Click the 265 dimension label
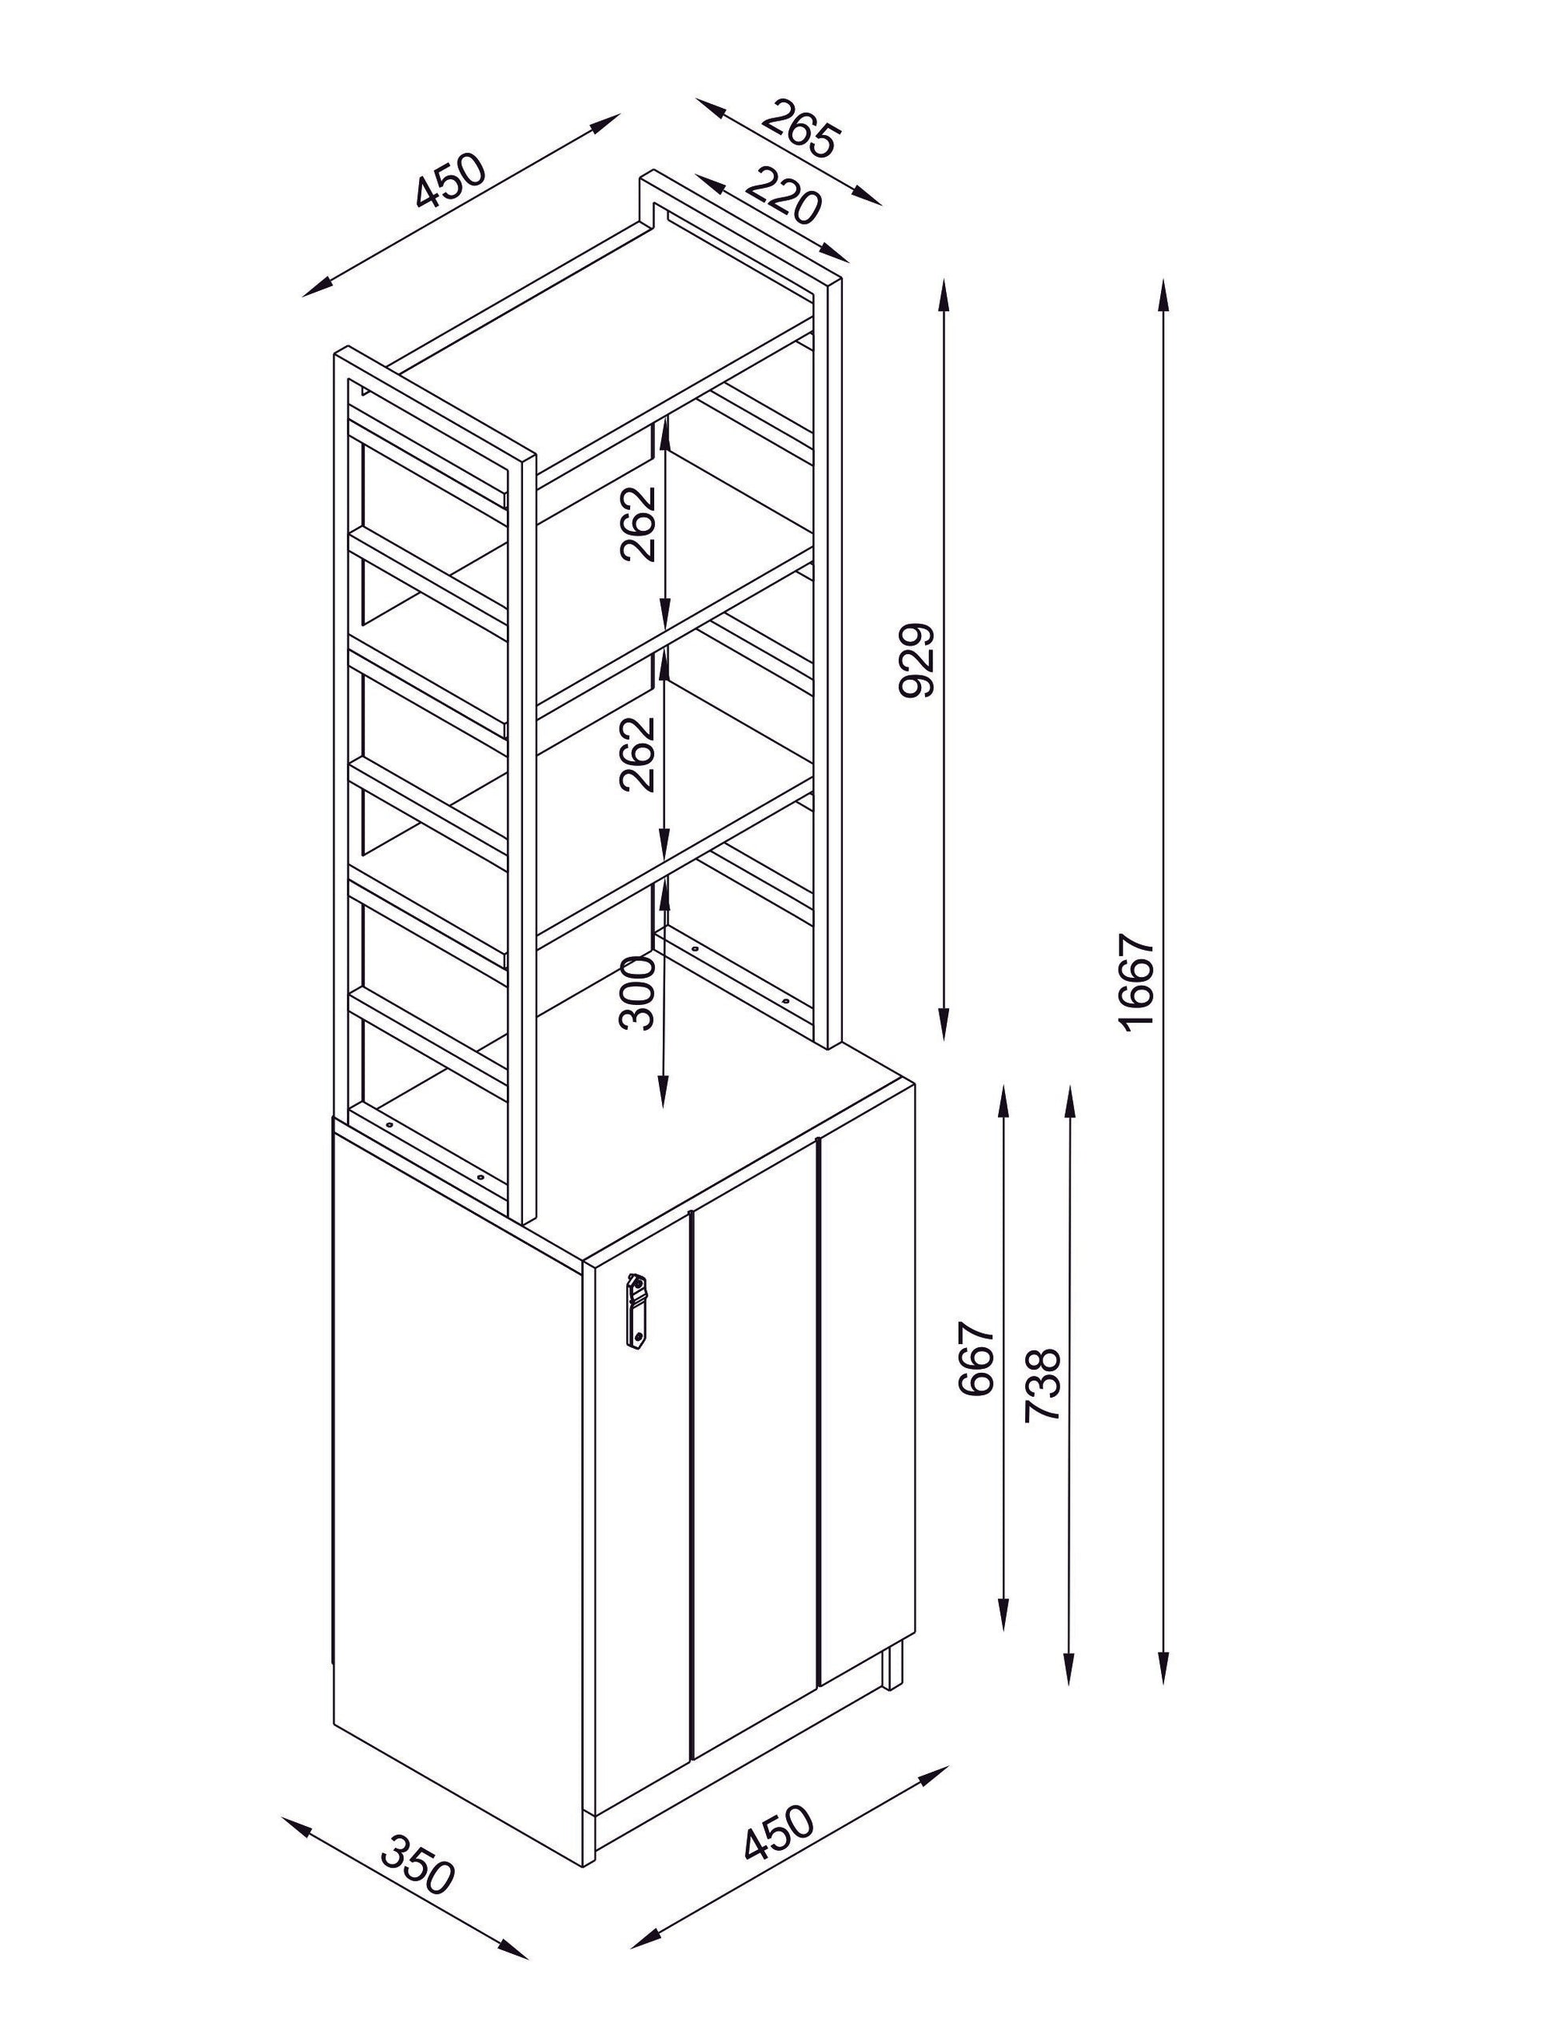point(802,128)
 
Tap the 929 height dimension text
point(918,660)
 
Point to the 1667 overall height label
point(1137,982)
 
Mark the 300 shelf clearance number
point(638,993)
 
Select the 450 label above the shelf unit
point(450,181)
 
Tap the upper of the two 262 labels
point(638,524)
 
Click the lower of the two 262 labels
point(638,754)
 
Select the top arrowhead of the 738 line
point(1070,1105)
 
